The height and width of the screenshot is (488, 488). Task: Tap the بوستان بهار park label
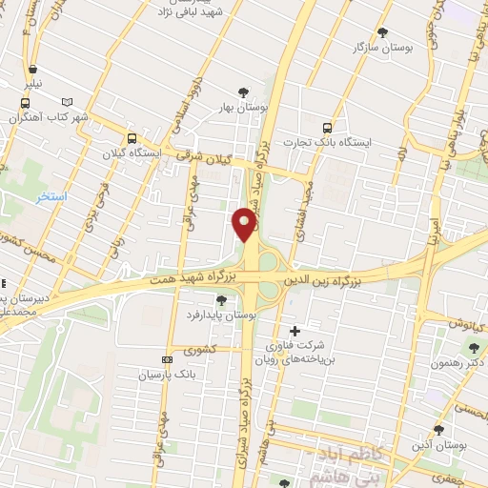coord(244,108)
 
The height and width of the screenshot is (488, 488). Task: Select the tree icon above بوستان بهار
coord(244,92)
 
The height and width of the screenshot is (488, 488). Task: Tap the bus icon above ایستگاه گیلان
coord(132,137)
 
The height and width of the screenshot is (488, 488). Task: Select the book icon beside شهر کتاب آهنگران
coord(66,102)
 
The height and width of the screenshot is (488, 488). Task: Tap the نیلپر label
coord(34,84)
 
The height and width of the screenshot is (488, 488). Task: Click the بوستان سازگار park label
coord(383,47)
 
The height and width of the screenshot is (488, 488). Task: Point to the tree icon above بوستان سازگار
coord(383,31)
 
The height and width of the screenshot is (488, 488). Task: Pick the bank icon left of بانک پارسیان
coord(168,359)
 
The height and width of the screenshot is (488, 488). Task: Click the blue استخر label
coord(51,196)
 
